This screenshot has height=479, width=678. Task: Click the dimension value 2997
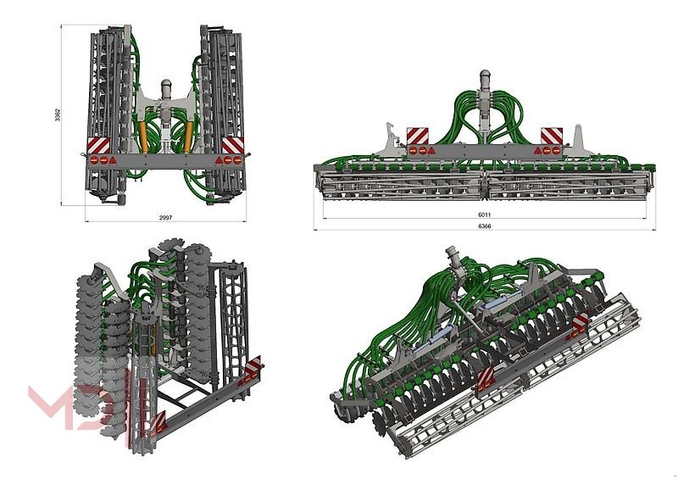[x=165, y=217]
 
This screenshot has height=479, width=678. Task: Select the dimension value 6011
[x=484, y=214]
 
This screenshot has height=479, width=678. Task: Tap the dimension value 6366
[x=484, y=226]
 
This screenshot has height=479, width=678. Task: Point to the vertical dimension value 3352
[x=58, y=115]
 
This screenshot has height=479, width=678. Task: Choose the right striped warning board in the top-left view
[x=232, y=145]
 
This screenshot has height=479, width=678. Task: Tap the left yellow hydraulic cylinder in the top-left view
[x=143, y=136]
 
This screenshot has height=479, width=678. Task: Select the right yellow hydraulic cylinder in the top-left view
[x=188, y=136]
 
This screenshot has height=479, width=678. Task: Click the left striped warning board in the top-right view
[x=417, y=136]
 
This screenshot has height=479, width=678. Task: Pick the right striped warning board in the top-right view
[x=552, y=136]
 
